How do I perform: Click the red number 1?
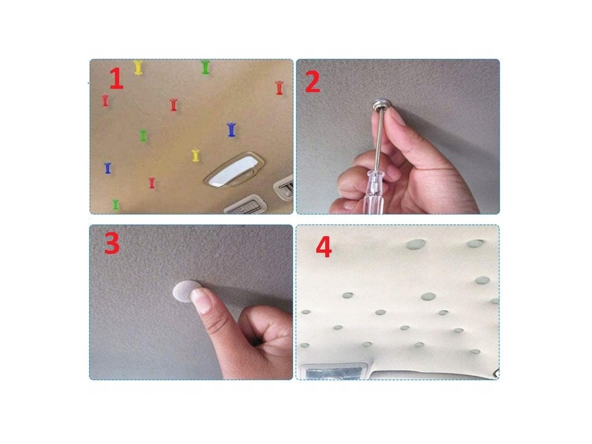point(117,79)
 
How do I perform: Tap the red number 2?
point(313,82)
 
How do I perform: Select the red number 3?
point(112,243)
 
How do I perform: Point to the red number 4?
point(324,247)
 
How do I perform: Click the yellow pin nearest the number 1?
point(138,67)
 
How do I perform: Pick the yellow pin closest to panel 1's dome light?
point(195,155)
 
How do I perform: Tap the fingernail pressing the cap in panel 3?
point(201,299)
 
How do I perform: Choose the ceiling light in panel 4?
point(334,372)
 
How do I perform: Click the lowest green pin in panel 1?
point(116,204)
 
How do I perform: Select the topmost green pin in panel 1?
point(205,67)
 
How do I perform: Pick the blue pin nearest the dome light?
point(231,129)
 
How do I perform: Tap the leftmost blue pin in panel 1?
point(108,168)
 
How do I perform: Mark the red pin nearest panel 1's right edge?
point(279,88)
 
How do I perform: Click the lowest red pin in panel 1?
point(152,183)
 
